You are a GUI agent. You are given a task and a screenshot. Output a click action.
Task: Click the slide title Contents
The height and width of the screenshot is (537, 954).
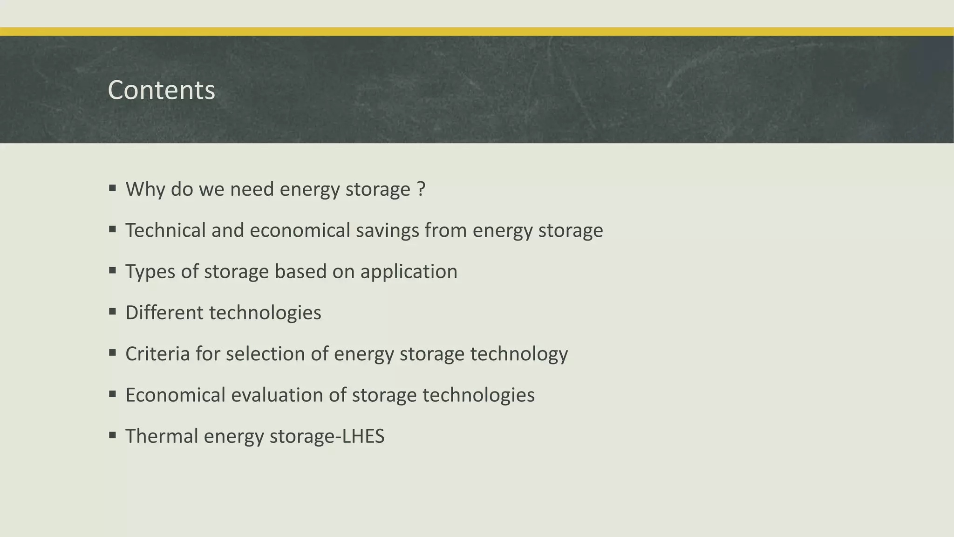(161, 90)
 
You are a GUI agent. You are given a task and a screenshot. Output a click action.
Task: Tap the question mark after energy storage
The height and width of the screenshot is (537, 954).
(421, 189)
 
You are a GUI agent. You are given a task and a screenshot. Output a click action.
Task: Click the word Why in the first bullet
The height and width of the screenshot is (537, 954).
(145, 189)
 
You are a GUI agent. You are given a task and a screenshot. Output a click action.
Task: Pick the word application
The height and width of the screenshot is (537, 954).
(409, 272)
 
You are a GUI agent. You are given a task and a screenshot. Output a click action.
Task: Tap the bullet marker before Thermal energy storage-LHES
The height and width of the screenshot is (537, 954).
(112, 435)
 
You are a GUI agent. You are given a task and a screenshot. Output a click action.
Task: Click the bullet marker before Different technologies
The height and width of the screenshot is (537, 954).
(112, 311)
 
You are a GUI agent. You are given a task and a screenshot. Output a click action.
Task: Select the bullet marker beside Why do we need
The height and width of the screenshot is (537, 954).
(112, 188)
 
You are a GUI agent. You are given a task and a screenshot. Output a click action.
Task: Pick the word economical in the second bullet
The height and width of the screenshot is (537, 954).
(300, 230)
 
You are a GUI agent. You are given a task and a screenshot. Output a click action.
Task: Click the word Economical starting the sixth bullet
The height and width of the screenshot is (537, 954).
(175, 395)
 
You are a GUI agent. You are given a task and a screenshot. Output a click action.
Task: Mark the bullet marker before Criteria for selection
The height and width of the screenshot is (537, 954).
(112, 352)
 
